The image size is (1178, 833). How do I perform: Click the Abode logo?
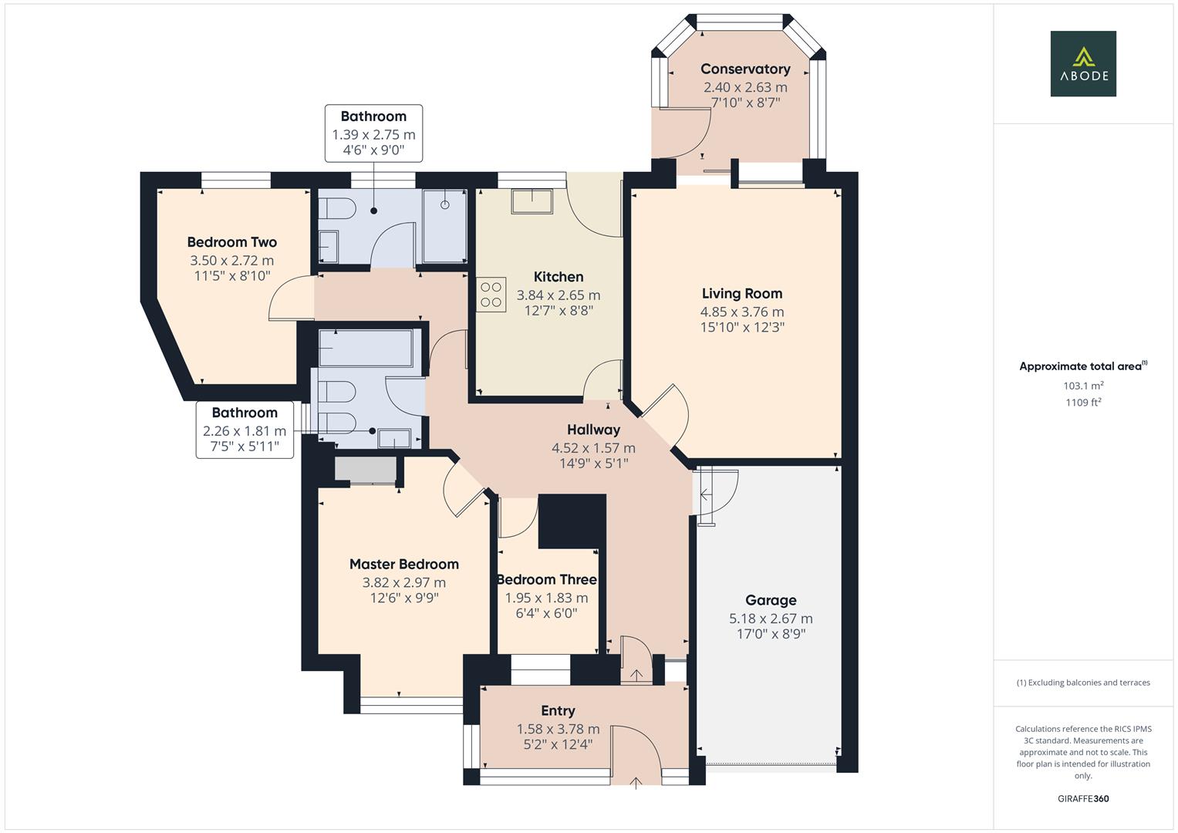click(1082, 64)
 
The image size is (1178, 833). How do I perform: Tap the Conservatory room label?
click(745, 69)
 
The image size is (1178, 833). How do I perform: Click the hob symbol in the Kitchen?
click(491, 295)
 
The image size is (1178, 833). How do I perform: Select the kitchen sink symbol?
click(532, 201)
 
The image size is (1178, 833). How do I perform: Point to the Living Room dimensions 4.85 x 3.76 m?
click(741, 312)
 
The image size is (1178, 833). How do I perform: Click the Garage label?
click(771, 600)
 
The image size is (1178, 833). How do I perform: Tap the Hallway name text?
click(593, 430)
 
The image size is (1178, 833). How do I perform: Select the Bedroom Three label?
click(546, 579)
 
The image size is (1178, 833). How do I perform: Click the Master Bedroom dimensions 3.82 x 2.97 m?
click(403, 583)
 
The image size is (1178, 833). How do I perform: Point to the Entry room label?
click(558, 711)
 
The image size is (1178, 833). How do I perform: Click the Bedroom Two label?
click(231, 242)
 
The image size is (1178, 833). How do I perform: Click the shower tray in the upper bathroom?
click(444, 227)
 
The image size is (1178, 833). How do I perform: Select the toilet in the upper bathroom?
click(337, 209)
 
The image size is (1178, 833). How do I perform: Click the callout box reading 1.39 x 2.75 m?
click(373, 134)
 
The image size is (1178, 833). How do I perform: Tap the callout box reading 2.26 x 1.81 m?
click(245, 430)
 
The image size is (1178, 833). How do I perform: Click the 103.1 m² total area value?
click(1083, 386)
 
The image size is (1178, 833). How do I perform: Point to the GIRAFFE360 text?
click(1082, 798)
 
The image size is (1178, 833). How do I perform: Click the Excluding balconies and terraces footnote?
click(1083, 683)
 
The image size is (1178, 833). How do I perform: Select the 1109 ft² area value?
click(1083, 402)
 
